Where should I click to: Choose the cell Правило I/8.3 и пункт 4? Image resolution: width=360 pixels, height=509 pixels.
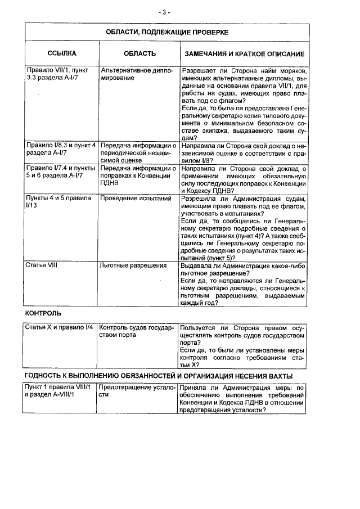point(61,148)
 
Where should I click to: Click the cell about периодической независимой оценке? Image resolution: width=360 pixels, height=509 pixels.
point(138,152)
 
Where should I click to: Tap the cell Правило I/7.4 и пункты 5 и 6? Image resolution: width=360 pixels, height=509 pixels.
point(61,172)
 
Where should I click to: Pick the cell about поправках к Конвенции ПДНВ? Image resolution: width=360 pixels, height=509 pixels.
point(138,176)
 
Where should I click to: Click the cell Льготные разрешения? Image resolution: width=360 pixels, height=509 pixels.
point(133,265)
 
